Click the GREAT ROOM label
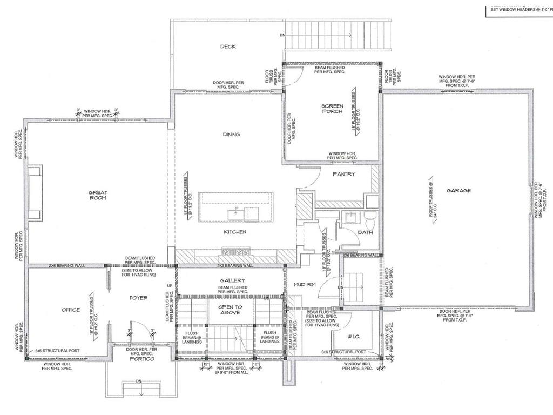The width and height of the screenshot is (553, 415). pyautogui.click(x=98, y=195)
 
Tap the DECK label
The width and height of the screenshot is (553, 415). pyautogui.click(x=228, y=46)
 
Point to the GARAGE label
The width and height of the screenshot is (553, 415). pyautogui.click(x=458, y=190)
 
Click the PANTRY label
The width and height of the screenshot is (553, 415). pyautogui.click(x=343, y=174)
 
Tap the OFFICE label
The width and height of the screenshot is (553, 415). pyautogui.click(x=70, y=310)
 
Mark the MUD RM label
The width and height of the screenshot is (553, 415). pyautogui.click(x=304, y=284)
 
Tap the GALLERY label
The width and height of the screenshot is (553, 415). pyautogui.click(x=232, y=280)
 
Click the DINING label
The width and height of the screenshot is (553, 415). pyautogui.click(x=231, y=135)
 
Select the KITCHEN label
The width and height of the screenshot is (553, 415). pyautogui.click(x=235, y=232)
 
